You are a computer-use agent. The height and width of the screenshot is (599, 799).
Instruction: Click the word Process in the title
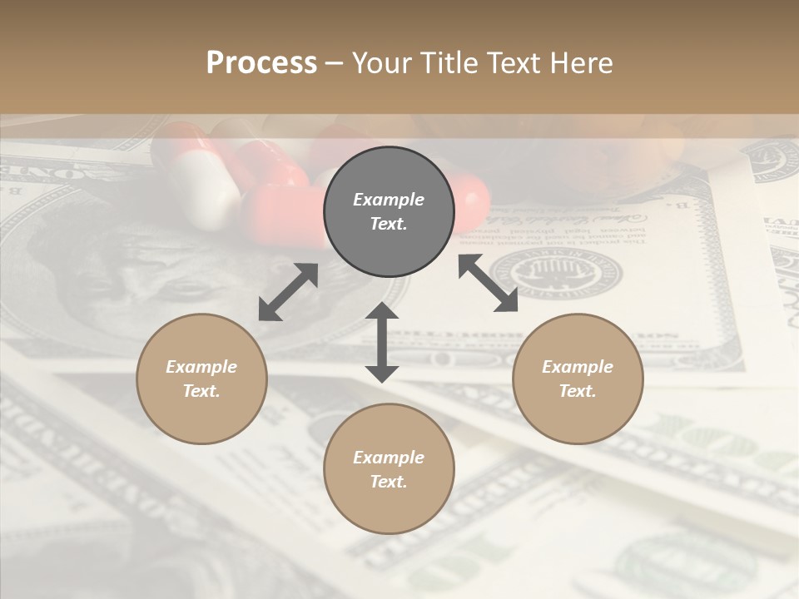(261, 63)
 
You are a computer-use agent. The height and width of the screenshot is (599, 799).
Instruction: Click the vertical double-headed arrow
(382, 343)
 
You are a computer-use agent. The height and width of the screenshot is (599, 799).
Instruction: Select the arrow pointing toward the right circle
(488, 283)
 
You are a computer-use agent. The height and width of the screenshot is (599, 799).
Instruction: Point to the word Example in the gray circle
(389, 200)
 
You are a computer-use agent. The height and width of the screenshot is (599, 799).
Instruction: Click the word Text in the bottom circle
(388, 482)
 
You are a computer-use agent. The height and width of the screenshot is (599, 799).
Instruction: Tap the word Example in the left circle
(201, 367)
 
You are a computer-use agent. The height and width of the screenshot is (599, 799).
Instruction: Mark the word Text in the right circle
(577, 391)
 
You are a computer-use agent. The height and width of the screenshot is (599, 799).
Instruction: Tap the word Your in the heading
(380, 63)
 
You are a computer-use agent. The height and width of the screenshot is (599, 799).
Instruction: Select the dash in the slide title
(334, 63)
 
